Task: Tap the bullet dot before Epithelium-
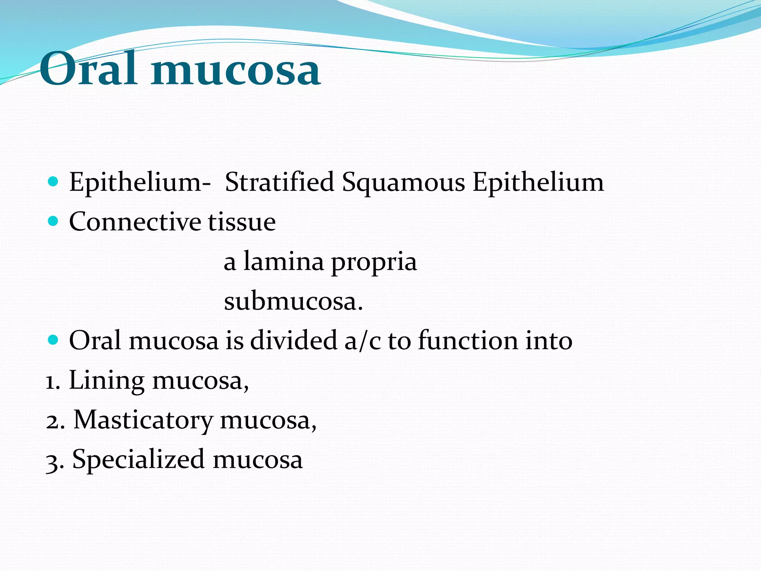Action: tap(54, 182)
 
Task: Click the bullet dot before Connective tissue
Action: tap(54, 222)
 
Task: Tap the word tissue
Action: tap(242, 222)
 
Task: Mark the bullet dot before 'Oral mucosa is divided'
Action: tap(54, 340)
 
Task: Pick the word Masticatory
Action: tap(143, 421)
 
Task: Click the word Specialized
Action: tap(138, 460)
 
